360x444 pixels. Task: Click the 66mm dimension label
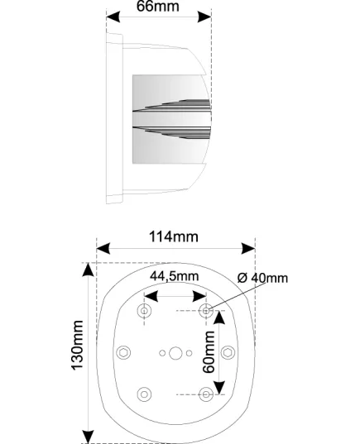(x=158, y=6)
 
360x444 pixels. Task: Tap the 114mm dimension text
(x=174, y=236)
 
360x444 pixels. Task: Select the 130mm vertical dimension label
(x=77, y=345)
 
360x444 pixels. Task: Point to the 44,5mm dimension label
(x=175, y=276)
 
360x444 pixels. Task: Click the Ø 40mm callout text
(x=262, y=278)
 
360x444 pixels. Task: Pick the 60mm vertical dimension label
(x=209, y=352)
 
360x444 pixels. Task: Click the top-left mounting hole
(x=144, y=311)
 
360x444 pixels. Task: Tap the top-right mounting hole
(x=206, y=311)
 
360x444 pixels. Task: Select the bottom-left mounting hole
(x=144, y=394)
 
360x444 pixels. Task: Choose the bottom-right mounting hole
(x=206, y=394)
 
